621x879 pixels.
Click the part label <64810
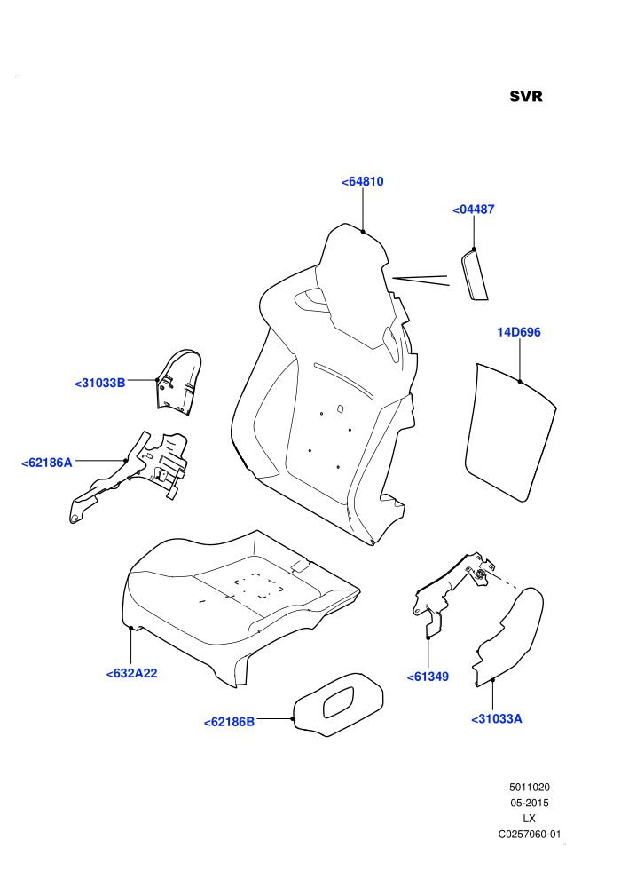362,182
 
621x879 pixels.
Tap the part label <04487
473,210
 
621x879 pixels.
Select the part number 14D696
519,332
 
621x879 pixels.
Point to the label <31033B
99,384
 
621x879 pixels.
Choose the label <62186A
47,463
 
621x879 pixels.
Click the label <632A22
131,673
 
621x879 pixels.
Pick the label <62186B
229,722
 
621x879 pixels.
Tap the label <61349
428,677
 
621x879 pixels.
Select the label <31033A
497,718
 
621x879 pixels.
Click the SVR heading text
526,97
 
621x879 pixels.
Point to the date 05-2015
529,803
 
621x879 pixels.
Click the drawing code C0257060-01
529,834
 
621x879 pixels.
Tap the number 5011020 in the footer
529,787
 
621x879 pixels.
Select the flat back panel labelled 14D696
509,432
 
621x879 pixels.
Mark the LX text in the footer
529,819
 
